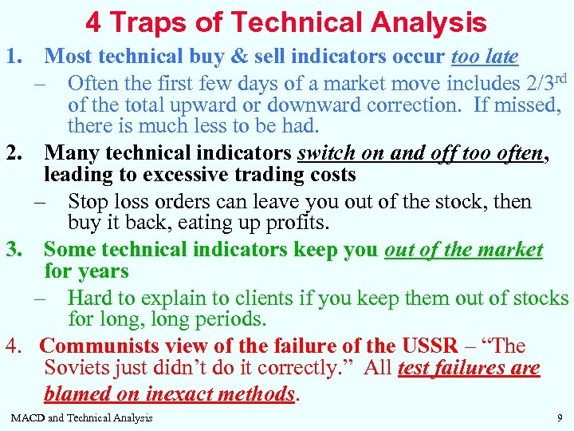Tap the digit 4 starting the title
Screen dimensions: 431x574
[93, 22]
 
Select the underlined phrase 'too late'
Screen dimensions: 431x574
[485, 57]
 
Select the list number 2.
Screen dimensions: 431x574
[14, 152]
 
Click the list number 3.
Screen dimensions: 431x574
[14, 250]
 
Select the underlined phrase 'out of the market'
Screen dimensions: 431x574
[463, 250]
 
